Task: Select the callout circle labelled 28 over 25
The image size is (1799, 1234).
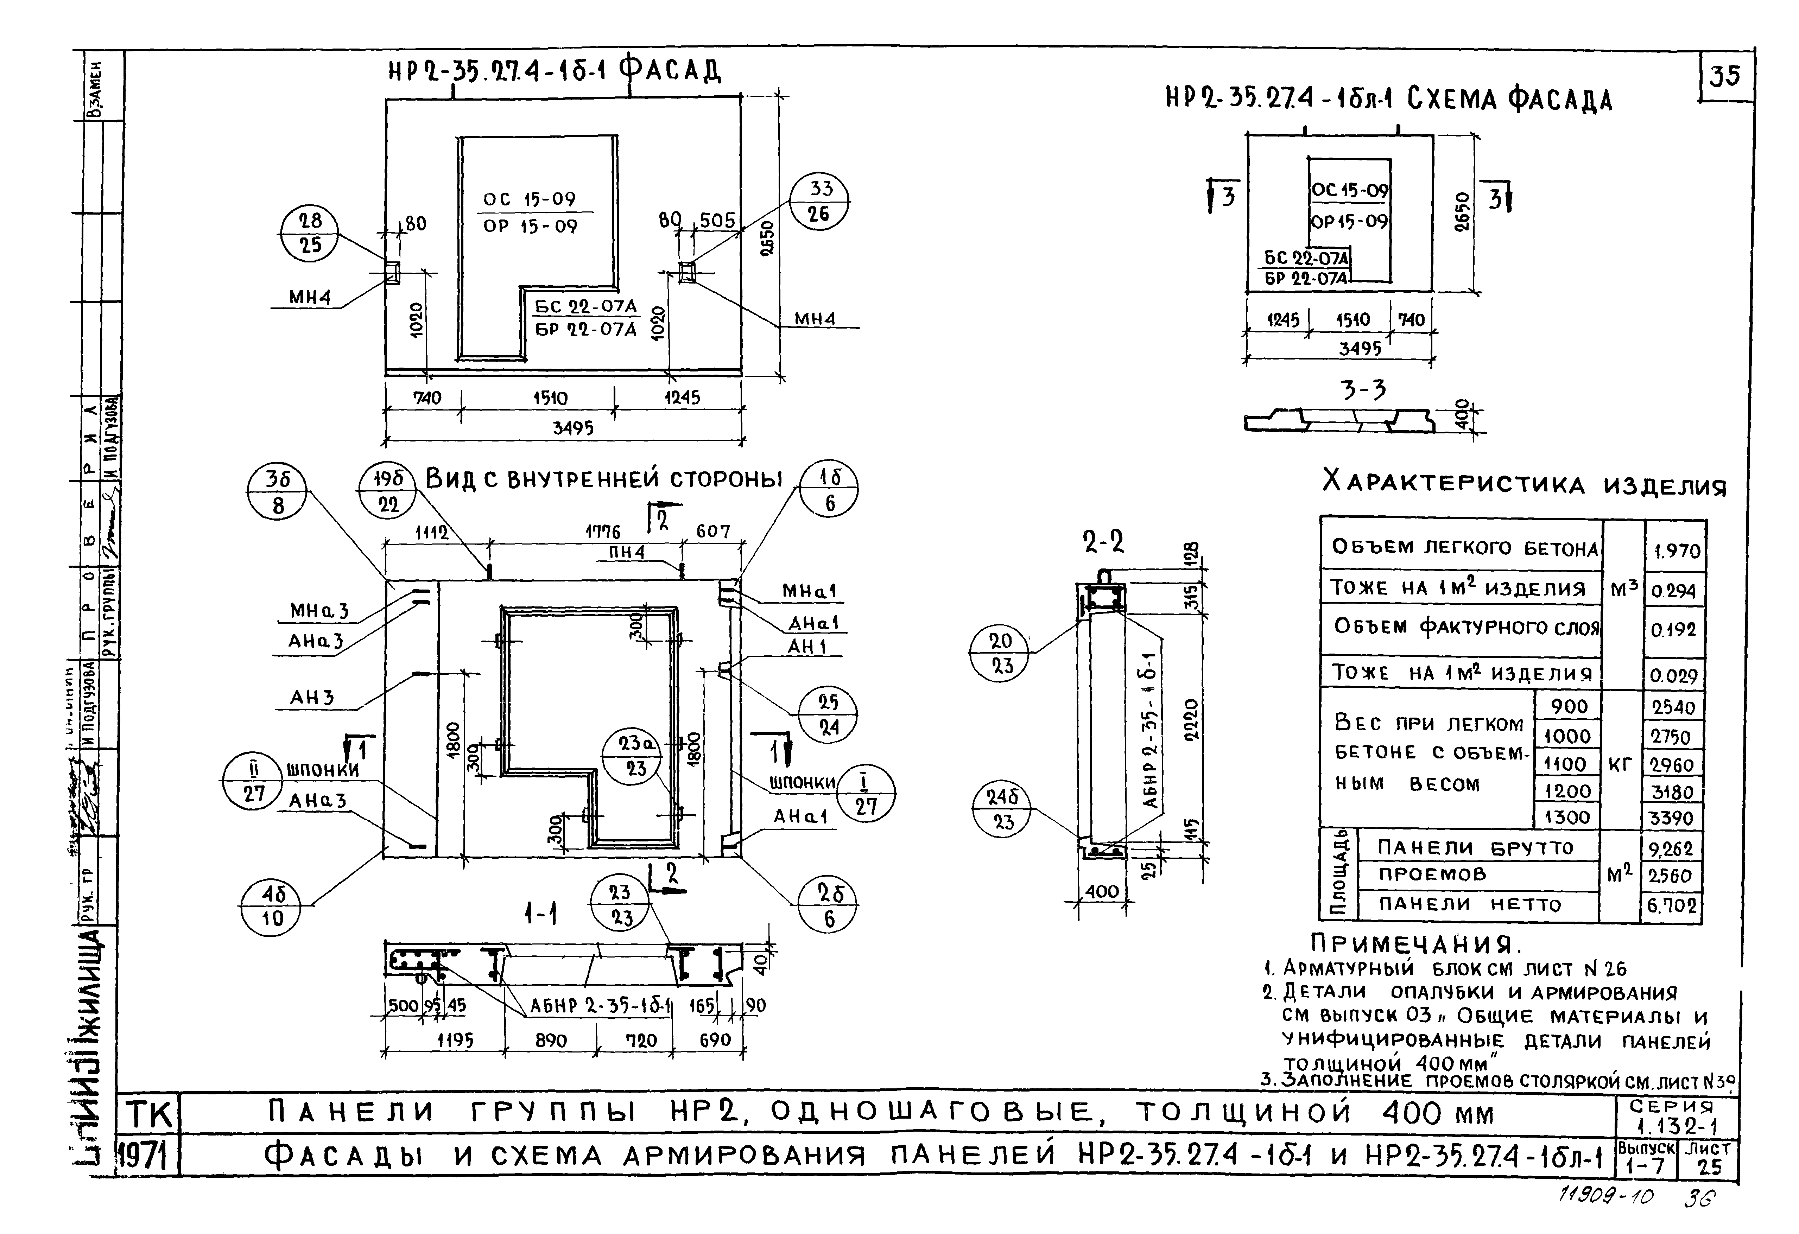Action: click(310, 233)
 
